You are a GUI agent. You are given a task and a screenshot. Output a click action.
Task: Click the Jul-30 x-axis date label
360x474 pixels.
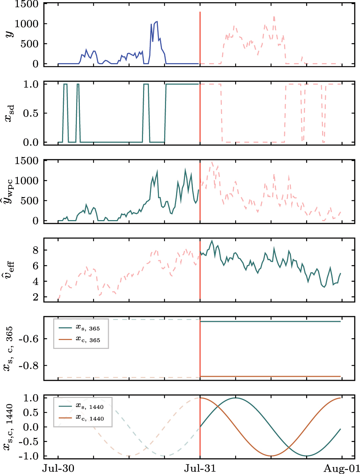(x=58, y=468)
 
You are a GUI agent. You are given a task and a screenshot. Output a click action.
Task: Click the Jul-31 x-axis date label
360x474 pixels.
(x=200, y=468)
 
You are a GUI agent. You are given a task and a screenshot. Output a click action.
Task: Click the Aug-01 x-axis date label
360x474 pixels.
(x=341, y=468)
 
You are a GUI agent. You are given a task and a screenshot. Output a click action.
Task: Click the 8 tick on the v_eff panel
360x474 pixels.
(x=36, y=250)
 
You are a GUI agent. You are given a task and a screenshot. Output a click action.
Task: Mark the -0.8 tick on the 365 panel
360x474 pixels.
(x=29, y=366)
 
